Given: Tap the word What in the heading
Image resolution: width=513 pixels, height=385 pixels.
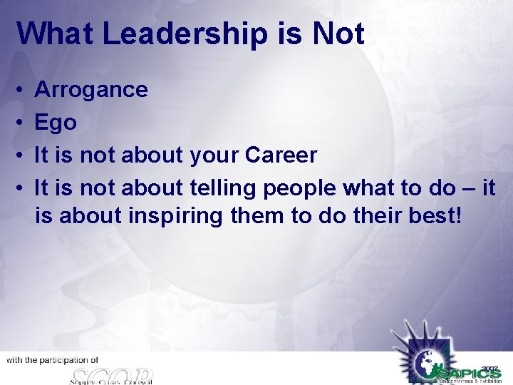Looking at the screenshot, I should (56, 34).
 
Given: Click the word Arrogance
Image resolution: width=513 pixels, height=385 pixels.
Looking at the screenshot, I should (91, 90).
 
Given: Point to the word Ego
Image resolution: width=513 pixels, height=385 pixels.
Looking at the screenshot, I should (56, 123).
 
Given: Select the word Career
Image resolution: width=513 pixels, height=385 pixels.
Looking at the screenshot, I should (281, 155).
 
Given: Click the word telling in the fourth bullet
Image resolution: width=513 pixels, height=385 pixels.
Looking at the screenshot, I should (224, 188).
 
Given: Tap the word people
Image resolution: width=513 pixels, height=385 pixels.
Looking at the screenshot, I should (301, 188).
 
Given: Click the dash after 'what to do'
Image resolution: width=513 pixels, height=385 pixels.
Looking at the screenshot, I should (467, 188).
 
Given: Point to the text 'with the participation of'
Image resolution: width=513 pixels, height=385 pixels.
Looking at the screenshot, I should (53, 361).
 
